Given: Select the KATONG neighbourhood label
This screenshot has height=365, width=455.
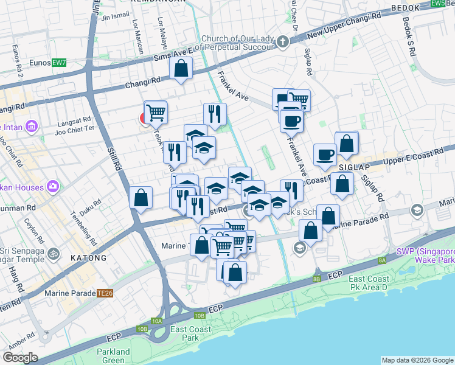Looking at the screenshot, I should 88,258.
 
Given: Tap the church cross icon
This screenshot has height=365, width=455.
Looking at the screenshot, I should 282,42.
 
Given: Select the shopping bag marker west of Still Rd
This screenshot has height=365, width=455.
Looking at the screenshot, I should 141,198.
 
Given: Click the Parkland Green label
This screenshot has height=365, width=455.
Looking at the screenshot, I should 113,356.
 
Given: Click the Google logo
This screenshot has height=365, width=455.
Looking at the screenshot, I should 20,358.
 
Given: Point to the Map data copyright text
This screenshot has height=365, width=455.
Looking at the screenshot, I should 417,360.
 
